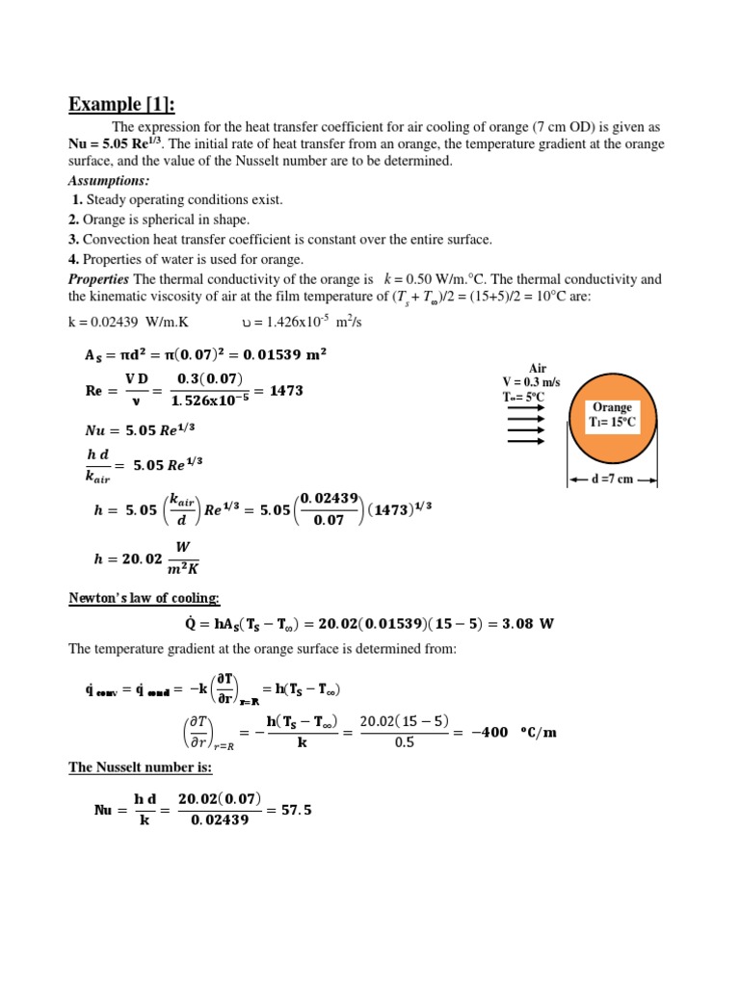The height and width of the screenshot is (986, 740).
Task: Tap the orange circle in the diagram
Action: click(x=612, y=415)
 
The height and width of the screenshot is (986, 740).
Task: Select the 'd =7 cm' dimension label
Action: click(x=612, y=479)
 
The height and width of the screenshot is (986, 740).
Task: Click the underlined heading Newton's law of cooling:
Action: click(x=144, y=598)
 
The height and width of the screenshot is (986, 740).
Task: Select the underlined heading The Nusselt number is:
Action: click(x=140, y=767)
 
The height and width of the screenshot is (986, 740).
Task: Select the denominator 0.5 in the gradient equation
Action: click(x=405, y=745)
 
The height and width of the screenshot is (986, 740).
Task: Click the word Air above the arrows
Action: click(x=538, y=368)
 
